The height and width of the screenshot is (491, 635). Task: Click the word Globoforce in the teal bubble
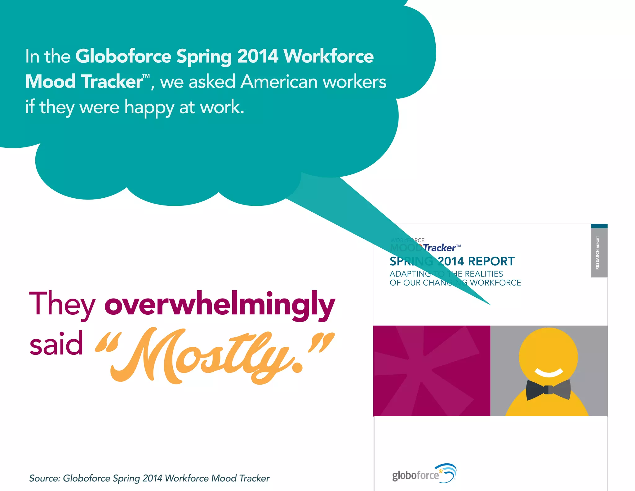pyautogui.click(x=123, y=56)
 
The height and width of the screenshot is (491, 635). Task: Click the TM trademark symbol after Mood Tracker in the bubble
pyautogui.click(x=146, y=76)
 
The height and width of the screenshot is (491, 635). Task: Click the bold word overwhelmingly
pyautogui.click(x=220, y=304)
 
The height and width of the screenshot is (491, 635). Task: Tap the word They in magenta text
pyautogui.click(x=62, y=304)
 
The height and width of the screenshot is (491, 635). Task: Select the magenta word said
pyautogui.click(x=56, y=344)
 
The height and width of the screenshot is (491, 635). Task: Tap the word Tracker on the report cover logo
pyautogui.click(x=440, y=248)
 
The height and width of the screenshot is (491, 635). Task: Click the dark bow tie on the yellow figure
pyautogui.click(x=548, y=390)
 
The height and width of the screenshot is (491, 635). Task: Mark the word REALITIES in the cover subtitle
pyautogui.click(x=484, y=274)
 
